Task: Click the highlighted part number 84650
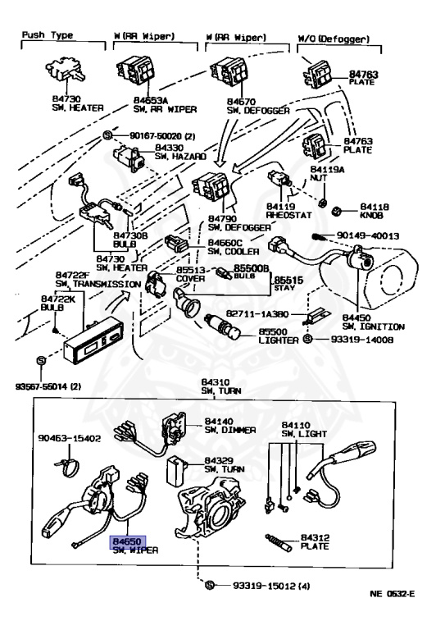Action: click(128, 541)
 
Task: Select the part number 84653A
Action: click(151, 100)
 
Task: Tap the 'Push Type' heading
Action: click(48, 35)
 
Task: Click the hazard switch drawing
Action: click(129, 157)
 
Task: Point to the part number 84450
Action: click(356, 318)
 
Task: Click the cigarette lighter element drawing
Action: click(222, 326)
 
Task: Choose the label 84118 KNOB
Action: click(374, 211)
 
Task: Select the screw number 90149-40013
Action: click(368, 235)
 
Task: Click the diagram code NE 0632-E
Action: click(393, 593)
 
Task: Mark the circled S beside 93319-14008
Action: click(307, 339)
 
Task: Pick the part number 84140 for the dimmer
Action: click(218, 421)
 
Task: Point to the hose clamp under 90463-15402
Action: click(67, 466)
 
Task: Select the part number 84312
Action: click(315, 537)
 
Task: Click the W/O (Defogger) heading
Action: click(334, 39)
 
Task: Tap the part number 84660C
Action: click(225, 243)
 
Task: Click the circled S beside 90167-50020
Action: click(107, 135)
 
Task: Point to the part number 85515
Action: click(288, 280)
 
